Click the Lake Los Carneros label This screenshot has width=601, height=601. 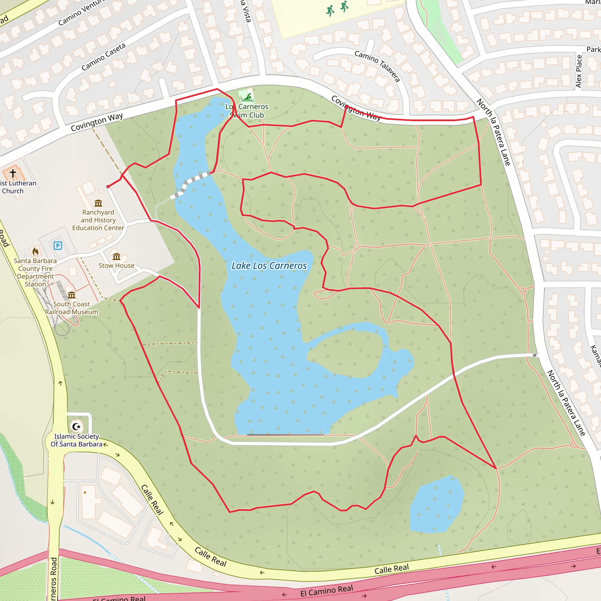(x=269, y=266)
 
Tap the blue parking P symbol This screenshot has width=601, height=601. (x=58, y=246)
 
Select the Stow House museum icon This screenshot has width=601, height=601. (x=116, y=257)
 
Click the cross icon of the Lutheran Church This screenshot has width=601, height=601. (x=13, y=173)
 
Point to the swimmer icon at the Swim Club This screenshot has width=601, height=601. (x=248, y=97)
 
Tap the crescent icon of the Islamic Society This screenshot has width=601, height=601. (x=76, y=426)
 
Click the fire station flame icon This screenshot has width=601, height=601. (x=36, y=251)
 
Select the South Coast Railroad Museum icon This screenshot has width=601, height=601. (x=72, y=295)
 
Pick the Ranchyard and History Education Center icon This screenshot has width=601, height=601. (x=98, y=203)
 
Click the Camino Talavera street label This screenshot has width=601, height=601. (x=377, y=66)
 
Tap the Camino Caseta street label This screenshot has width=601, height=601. (x=104, y=57)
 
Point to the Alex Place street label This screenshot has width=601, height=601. (x=579, y=71)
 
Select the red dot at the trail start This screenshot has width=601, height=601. (x=108, y=187)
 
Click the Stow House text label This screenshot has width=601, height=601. (x=116, y=266)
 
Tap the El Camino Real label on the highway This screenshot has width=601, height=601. (x=326, y=590)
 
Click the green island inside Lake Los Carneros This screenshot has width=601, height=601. (x=345, y=354)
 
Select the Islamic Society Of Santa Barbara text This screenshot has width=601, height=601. (x=77, y=440)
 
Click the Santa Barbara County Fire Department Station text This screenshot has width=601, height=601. (x=35, y=273)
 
